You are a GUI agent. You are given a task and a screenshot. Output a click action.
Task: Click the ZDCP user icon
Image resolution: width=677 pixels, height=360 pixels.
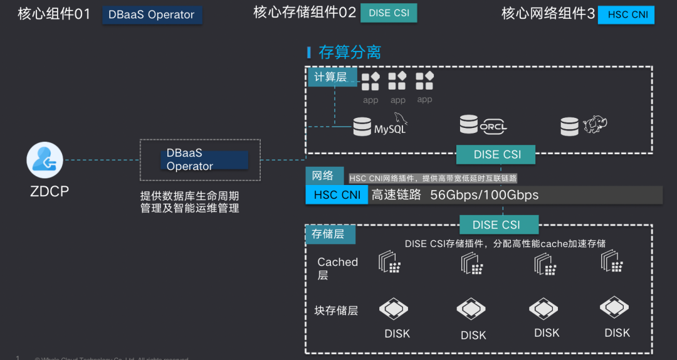tap(45, 161)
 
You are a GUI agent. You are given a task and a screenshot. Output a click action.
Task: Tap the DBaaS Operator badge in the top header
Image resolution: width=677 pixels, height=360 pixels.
tap(152, 15)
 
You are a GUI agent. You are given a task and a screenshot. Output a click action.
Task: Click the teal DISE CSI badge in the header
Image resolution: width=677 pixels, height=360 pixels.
tap(389, 13)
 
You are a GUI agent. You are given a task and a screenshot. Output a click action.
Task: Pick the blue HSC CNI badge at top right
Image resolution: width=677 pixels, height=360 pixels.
tap(626, 14)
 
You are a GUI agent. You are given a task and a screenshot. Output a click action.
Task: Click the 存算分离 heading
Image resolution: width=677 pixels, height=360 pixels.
tap(349, 52)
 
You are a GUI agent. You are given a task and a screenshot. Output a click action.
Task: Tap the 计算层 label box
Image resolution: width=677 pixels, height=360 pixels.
tap(332, 77)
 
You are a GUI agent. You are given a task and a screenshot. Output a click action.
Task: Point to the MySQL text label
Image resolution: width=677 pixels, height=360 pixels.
tap(390, 129)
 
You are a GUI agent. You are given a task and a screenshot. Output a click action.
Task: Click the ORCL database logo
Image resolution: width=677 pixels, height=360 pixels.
tap(483, 125)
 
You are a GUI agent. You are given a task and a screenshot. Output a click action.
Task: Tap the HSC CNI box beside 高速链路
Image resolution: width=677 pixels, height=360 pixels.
tap(337, 195)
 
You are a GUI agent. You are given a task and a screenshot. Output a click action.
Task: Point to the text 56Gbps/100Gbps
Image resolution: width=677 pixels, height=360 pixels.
tap(484, 195)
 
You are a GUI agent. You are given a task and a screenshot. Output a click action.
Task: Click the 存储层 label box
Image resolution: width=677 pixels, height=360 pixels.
tap(329, 234)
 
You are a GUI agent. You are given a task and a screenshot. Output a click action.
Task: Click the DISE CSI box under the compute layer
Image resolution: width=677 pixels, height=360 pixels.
tap(496, 155)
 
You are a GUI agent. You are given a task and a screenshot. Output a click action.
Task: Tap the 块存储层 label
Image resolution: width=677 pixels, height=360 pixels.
tap(336, 310)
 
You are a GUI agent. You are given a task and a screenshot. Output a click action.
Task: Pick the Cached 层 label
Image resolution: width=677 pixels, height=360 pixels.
tap(337, 268)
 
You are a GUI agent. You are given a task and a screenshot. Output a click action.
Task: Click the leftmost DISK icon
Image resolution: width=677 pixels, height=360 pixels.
tap(394, 309)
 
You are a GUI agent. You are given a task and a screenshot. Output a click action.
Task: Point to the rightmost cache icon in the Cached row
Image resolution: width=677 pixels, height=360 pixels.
tap(612, 263)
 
